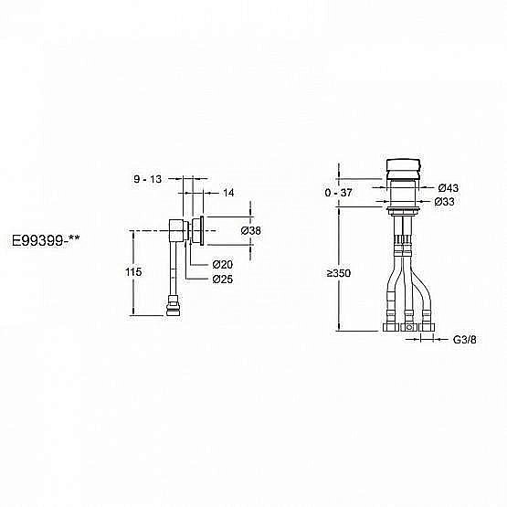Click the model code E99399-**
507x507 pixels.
tap(45, 243)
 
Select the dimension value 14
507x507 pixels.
tap(228, 193)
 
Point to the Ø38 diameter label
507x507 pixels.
tap(251, 231)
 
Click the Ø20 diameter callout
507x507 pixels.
tap(223, 265)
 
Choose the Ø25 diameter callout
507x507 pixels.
tap(223, 279)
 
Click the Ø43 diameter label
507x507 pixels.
tap(447, 188)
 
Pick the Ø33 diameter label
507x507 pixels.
tap(446, 202)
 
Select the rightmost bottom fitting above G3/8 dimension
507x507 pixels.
tap(426, 324)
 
